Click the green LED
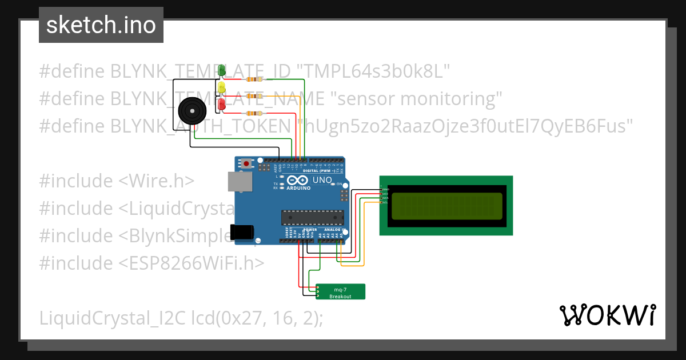222,70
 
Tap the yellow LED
222,87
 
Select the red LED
222,104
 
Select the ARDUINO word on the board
298,188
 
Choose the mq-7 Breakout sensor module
341,291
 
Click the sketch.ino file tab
101,25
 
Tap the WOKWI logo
607,315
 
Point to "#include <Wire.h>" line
117,181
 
